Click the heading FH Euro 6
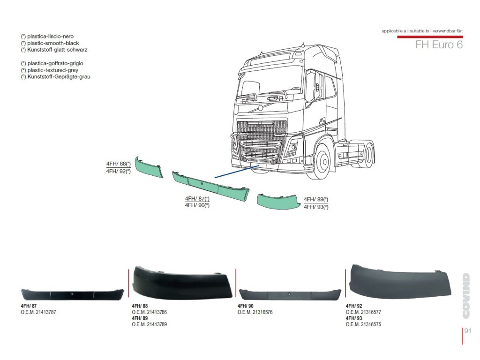click(x=439, y=45)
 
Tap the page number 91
click(x=467, y=331)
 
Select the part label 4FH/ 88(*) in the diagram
click(x=118, y=164)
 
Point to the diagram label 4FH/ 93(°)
click(x=316, y=207)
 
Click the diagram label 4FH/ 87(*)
click(x=197, y=199)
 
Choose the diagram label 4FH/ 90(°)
click(x=197, y=205)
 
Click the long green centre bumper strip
click(x=211, y=186)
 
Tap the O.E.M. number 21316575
click(x=363, y=324)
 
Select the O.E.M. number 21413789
click(x=150, y=324)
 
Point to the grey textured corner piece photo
click(x=398, y=281)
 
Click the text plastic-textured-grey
click(x=46, y=70)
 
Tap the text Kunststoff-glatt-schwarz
click(x=54, y=49)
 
